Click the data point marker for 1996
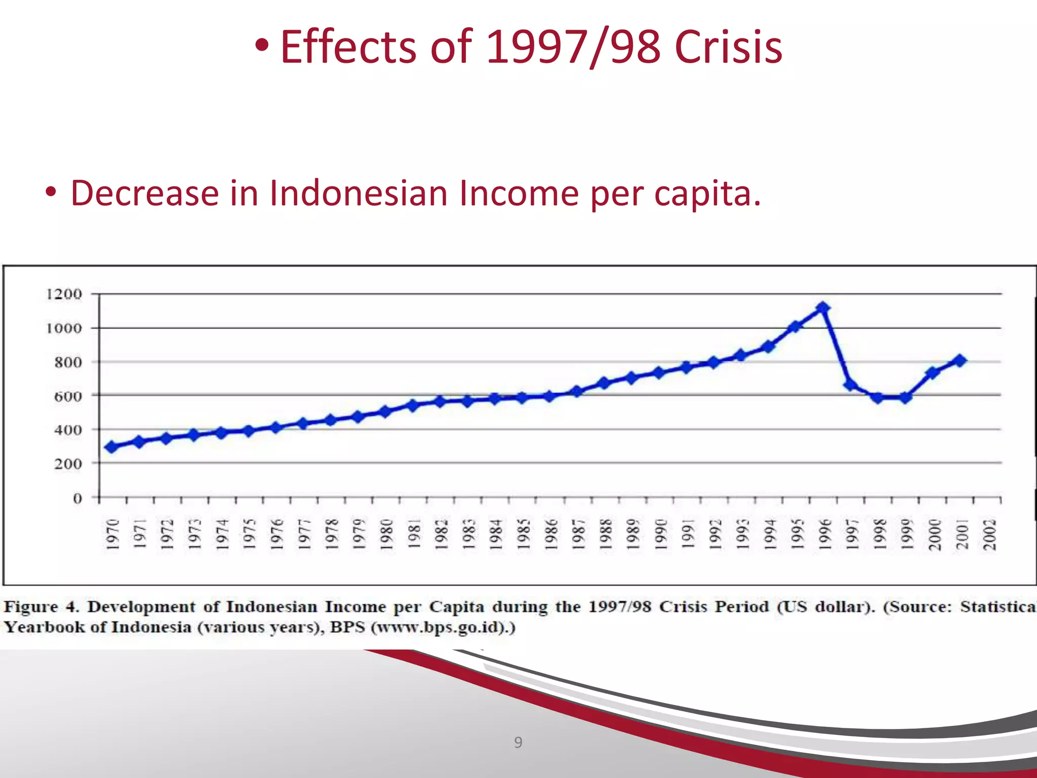click(x=823, y=308)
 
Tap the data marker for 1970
click(x=112, y=447)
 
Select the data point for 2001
click(x=960, y=361)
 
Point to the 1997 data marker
click(x=851, y=385)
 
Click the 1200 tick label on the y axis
click(x=64, y=294)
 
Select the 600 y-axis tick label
click(x=68, y=396)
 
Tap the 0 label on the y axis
click(x=77, y=498)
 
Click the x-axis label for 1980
click(x=386, y=534)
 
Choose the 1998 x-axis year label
click(x=880, y=534)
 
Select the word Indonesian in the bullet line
click(x=358, y=193)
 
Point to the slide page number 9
click(x=518, y=743)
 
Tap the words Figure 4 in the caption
click(x=41, y=607)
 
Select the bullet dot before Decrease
click(x=50, y=193)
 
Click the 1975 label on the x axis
click(x=249, y=534)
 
